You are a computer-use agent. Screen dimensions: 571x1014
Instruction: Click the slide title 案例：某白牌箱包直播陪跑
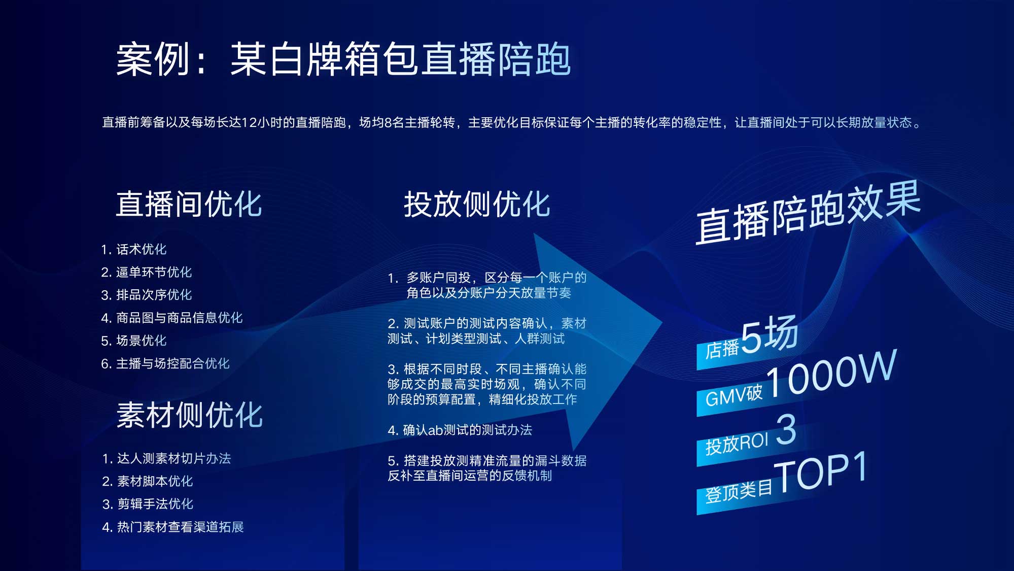pyautogui.click(x=343, y=59)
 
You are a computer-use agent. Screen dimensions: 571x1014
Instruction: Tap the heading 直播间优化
pyautogui.click(x=189, y=204)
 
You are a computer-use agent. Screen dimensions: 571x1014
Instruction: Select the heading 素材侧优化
pyautogui.click(x=189, y=415)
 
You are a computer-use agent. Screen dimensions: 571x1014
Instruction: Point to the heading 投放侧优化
pyautogui.click(x=477, y=204)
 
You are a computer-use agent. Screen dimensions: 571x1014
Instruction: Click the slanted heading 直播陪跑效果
pyautogui.click(x=808, y=213)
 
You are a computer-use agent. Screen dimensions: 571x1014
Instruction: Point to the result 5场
pyautogui.click(x=770, y=334)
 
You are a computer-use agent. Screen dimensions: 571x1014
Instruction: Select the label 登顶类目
pyautogui.click(x=739, y=491)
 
